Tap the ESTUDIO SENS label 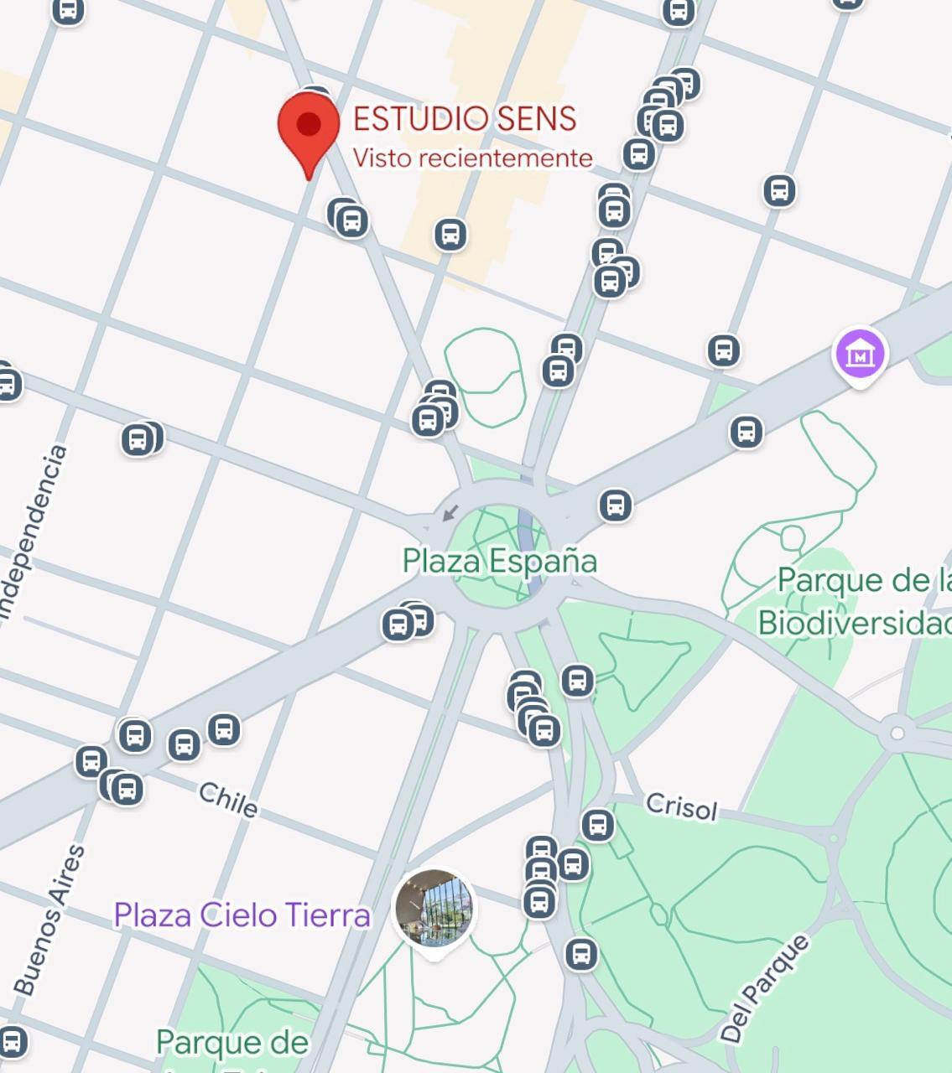pos(464,119)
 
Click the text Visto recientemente pos(472,158)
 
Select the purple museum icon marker pos(860,355)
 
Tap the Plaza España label pos(499,561)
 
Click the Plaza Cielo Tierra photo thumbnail pos(434,909)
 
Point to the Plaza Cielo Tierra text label pos(242,915)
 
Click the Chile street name pos(228,800)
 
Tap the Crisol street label pos(681,807)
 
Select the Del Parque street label pos(765,988)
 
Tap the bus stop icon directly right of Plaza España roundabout pos(615,505)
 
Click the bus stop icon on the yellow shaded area pos(450,235)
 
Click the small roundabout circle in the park pos(897,733)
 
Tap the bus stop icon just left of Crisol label pos(597,825)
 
